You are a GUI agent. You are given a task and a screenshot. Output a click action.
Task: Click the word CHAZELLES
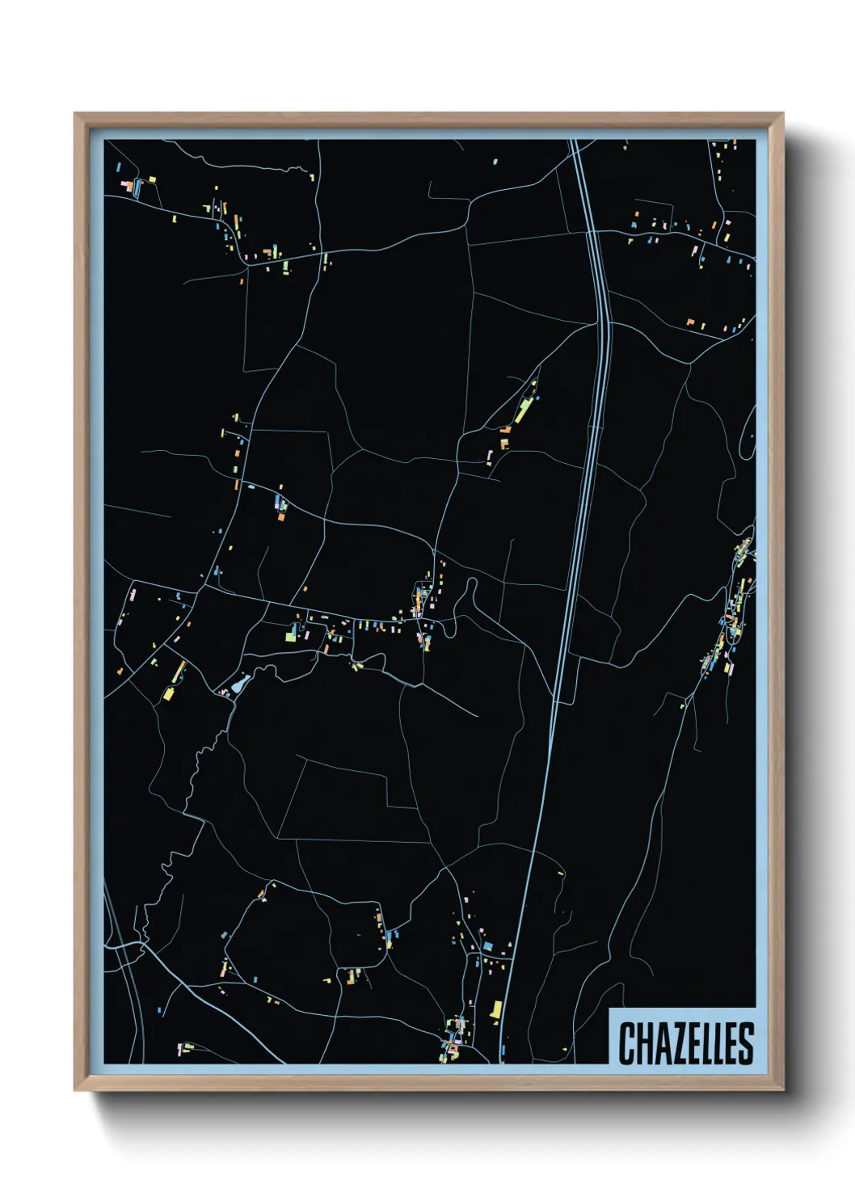686,1042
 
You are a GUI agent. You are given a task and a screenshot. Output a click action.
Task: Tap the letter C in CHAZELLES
626,1043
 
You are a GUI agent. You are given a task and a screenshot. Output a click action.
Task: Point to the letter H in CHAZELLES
642,1043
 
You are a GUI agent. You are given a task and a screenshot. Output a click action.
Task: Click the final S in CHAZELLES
747,1043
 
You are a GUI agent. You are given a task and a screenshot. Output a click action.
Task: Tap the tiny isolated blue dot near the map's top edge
495,162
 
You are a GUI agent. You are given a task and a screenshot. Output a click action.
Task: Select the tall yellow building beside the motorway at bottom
496,1009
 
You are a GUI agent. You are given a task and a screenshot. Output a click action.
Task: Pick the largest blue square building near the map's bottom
487,945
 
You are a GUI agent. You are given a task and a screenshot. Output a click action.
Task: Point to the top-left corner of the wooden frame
75,114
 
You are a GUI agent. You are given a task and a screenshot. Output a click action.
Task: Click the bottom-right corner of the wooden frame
782,1090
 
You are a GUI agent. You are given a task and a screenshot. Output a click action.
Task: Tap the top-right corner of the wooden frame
782,114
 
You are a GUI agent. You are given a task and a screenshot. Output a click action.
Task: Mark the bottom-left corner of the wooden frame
75,1090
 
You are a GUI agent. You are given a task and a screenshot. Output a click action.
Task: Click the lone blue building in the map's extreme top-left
119,167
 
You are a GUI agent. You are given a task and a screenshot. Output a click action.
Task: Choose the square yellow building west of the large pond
169,693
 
